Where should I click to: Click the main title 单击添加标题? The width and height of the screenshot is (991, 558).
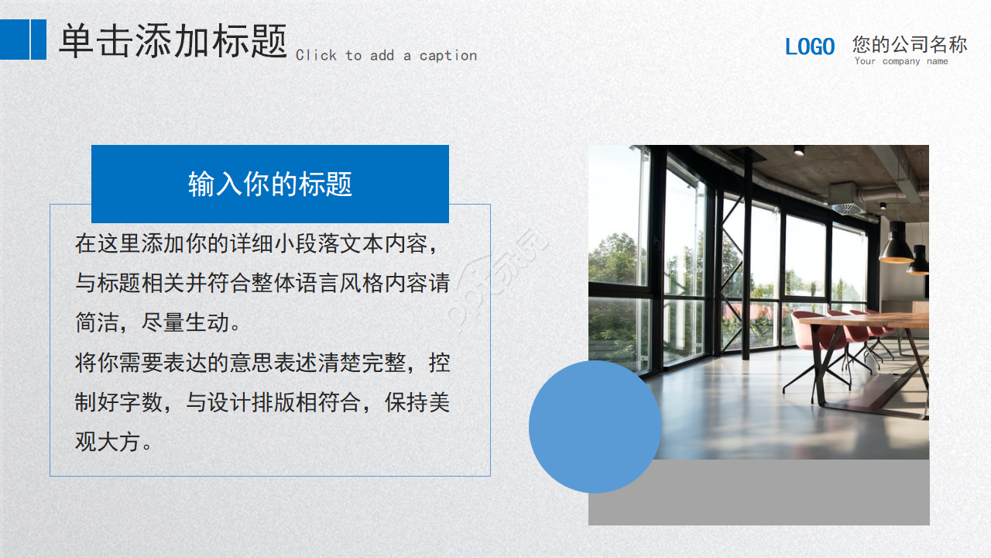pos(173,40)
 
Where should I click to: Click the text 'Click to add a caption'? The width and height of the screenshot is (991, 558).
pos(386,56)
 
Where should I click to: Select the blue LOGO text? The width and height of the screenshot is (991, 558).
pos(810,46)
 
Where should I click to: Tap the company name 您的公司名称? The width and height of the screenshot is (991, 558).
pos(910,44)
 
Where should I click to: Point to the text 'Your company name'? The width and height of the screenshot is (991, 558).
pos(901,61)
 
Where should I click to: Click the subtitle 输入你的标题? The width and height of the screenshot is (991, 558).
pos(269,184)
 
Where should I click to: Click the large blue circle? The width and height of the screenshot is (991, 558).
pos(595,426)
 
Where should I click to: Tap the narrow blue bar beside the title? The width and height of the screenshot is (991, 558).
pos(39,40)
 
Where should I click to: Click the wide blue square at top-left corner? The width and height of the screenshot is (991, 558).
pos(14,40)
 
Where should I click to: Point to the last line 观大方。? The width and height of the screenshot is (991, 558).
pos(113,443)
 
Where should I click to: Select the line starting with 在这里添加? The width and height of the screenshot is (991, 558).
pos(262,243)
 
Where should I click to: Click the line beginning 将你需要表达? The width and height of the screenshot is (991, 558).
pos(262,363)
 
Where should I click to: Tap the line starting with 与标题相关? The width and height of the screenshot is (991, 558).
pos(262,283)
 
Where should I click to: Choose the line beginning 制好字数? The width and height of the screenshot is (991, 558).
pos(262,403)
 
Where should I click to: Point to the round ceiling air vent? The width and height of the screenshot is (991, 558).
pos(846,208)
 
